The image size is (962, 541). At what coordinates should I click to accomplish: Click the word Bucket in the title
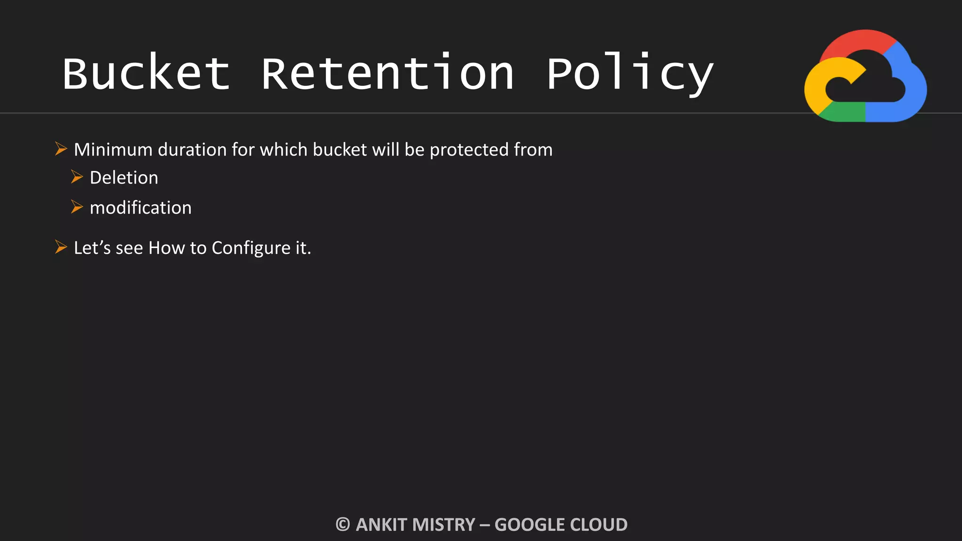coord(146,73)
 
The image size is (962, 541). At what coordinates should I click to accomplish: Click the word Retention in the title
coord(388,73)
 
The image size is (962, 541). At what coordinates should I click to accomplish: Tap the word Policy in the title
coord(629,73)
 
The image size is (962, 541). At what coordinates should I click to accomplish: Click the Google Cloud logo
coord(865,76)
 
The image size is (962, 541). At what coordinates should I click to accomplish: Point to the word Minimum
coord(113,150)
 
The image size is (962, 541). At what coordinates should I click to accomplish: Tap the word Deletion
coord(124,178)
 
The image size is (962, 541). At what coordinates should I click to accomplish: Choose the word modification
coord(140,208)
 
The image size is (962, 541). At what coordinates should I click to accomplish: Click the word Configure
coord(251,248)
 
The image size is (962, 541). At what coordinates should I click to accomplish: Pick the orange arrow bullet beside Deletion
coord(77,177)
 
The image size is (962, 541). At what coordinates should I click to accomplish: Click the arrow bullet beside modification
coord(77,207)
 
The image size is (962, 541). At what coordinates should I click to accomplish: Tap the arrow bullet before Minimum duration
coord(61,149)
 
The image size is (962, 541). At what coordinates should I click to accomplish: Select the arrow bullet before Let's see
coord(61,247)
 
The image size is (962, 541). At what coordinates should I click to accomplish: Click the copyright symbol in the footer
coord(343,525)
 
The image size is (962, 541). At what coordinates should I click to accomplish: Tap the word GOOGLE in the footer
coord(528,525)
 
